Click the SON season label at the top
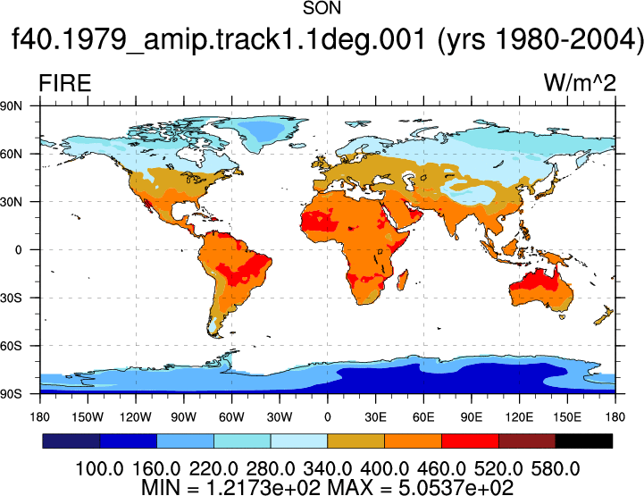[322, 8]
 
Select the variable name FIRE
[65, 83]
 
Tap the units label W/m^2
[580, 82]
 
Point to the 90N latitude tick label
[11, 106]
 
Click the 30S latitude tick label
[11, 298]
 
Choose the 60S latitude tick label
[11, 346]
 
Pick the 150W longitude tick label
[88, 417]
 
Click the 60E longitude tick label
[423, 417]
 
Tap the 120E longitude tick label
[519, 417]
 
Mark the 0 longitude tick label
[327, 417]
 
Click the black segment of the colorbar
[583, 441]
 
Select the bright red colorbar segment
[470, 441]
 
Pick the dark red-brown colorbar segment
[527, 441]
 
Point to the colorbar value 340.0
[327, 469]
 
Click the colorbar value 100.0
[100, 469]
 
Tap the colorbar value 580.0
[556, 469]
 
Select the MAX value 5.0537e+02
[456, 488]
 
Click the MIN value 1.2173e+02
[263, 488]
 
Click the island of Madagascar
[403, 281]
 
